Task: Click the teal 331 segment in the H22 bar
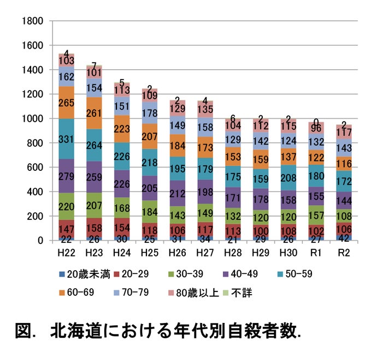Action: (67, 139)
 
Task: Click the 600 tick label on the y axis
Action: (36, 168)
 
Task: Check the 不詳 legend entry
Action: (241, 293)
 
